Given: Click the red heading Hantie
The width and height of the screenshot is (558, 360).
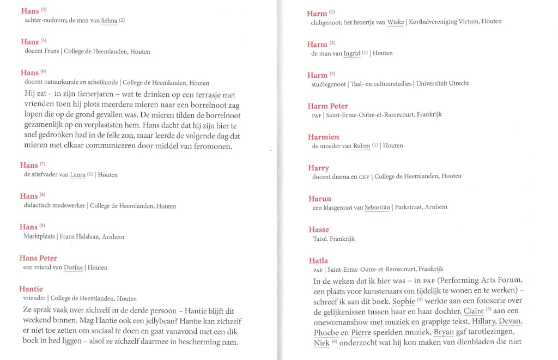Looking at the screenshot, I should point(31,289).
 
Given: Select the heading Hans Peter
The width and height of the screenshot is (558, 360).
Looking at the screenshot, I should point(38,258).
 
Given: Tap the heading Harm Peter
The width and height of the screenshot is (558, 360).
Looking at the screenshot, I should point(327,106).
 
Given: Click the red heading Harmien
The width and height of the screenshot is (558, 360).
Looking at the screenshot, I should point(323,137).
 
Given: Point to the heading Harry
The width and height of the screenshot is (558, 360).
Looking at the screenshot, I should point(318,168).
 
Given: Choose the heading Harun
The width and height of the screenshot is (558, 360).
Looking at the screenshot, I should point(319,199).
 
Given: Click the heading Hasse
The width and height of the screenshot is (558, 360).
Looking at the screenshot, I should point(318,230).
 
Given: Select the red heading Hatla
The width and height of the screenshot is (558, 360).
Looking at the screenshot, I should point(318,261).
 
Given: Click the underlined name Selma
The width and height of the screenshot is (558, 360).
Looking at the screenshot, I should point(109,21).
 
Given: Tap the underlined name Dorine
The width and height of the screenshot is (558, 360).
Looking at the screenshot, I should point(73,268).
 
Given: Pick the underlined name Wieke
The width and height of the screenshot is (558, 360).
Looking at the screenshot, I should point(396,22).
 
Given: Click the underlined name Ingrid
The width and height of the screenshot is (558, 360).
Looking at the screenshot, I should point(351,53).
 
